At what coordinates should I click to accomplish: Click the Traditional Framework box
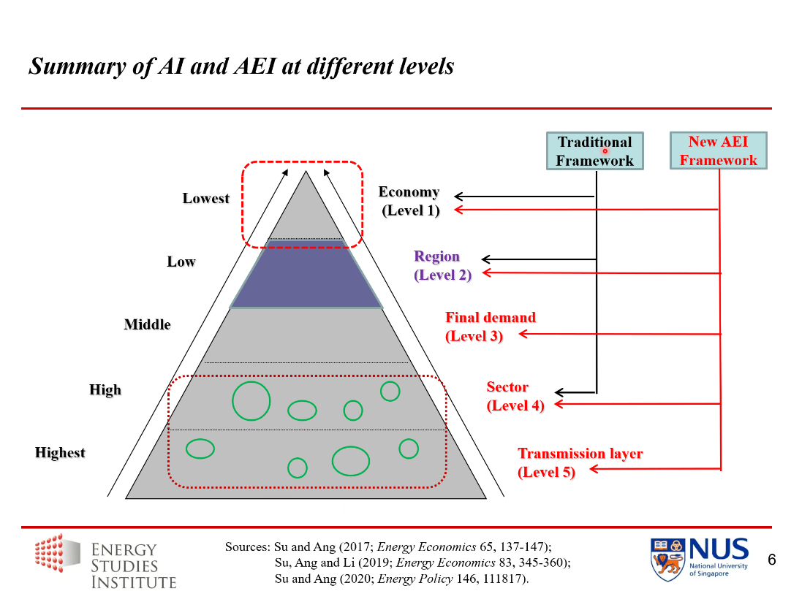[594, 151]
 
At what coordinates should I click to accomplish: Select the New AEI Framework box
[718, 151]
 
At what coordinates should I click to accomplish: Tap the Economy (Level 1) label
[409, 201]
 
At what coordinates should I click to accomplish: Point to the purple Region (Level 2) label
[441, 266]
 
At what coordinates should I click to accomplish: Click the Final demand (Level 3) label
[490, 327]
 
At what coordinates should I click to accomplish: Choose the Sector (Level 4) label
[515, 396]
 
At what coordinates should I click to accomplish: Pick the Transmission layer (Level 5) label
[580, 462]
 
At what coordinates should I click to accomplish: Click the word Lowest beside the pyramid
[206, 199]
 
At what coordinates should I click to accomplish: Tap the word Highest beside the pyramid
[60, 453]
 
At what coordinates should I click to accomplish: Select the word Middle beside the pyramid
[147, 324]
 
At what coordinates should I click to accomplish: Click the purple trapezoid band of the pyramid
[306, 275]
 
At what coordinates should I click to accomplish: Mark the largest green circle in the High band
[251, 401]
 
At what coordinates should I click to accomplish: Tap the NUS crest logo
[668, 560]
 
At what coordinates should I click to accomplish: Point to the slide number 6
[771, 560]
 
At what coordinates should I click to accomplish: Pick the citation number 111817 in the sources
[505, 579]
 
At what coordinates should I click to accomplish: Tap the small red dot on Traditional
[605, 151]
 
